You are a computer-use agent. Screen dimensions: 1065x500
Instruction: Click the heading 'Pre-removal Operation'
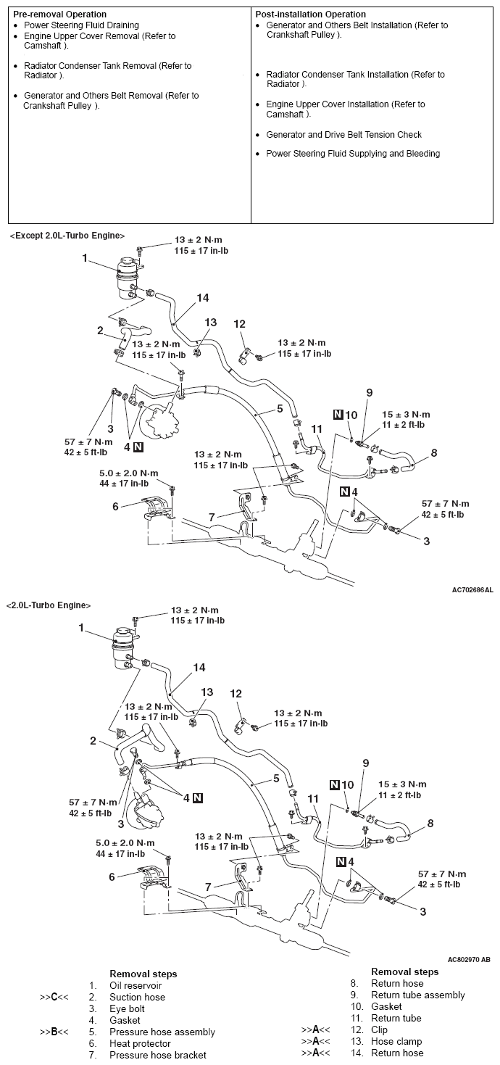coord(59,14)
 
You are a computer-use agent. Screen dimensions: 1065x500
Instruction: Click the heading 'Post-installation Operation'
coord(311,14)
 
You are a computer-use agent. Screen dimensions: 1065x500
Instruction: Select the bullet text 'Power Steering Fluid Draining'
coord(81,25)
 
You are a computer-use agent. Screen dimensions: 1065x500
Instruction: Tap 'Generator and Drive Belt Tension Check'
coord(343,135)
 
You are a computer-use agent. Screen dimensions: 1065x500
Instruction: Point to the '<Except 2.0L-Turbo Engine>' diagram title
coord(67,236)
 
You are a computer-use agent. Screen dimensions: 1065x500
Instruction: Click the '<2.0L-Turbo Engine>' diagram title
coord(48,605)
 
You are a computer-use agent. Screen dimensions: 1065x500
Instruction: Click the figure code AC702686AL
coord(472,590)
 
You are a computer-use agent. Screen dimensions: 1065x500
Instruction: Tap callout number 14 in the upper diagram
coord(202,298)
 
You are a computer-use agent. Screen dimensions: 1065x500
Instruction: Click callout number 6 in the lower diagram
coord(112,877)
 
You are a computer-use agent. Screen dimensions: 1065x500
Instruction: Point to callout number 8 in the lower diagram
coord(430,823)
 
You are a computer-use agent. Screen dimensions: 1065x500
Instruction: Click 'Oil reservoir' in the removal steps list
coord(136,986)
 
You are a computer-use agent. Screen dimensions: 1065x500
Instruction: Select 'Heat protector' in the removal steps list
coord(140,1043)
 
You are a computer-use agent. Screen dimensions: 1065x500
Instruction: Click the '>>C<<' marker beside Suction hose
coord(54,998)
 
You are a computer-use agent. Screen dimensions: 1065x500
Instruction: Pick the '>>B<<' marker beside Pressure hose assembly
coord(54,1032)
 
